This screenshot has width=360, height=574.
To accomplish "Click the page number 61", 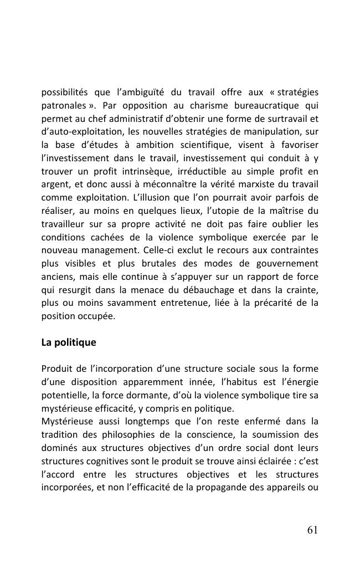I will (312, 530).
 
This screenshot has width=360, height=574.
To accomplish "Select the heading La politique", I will (69, 342).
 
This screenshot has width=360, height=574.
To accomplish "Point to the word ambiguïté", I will (143, 91).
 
